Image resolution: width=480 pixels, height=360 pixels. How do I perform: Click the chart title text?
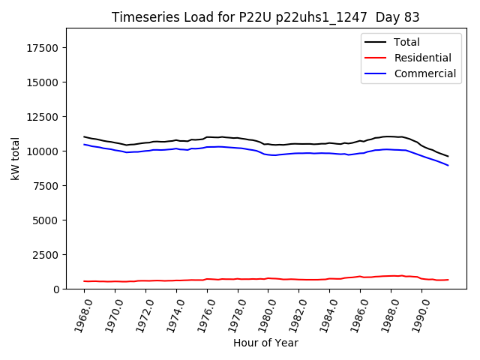click(265, 17)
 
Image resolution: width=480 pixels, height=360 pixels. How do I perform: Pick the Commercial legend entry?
click(424, 73)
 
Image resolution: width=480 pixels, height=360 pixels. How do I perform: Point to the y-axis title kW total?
click(15, 158)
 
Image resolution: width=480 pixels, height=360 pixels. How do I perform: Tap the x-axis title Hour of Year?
click(265, 343)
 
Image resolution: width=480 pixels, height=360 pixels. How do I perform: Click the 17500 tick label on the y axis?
click(43, 48)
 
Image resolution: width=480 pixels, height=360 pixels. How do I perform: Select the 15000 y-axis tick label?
click(43, 82)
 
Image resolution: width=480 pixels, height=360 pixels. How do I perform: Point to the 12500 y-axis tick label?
click(43, 117)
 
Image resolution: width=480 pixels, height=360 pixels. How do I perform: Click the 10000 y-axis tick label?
click(43, 151)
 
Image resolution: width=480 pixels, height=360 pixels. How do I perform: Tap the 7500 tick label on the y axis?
click(46, 186)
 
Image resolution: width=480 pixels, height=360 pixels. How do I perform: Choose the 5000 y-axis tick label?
click(46, 220)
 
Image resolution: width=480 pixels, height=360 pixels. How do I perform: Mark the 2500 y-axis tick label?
click(46, 255)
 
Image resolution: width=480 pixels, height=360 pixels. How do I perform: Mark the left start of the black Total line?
click(84, 136)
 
